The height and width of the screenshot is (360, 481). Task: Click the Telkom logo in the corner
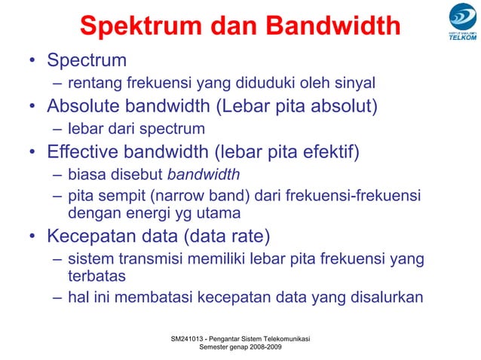click(461, 23)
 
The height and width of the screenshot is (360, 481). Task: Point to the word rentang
click(90, 82)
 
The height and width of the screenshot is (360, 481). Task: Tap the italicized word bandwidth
click(203, 176)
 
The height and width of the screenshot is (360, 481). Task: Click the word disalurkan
click(381, 297)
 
